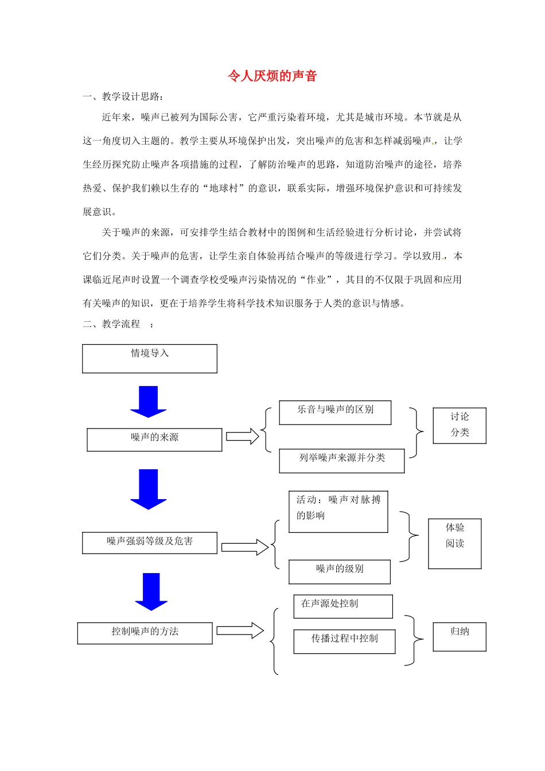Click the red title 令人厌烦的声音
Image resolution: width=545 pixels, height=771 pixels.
click(272, 76)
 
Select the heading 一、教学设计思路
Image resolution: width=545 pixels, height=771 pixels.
click(123, 96)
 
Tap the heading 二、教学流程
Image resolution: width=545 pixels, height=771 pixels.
click(118, 324)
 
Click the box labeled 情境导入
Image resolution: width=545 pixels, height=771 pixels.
click(150, 359)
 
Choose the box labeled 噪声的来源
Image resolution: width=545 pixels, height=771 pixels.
click(154, 439)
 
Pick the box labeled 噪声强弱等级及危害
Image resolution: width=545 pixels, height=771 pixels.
click(150, 543)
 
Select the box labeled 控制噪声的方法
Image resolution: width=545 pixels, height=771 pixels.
click(145, 633)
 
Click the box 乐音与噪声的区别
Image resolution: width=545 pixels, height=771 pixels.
click(335, 412)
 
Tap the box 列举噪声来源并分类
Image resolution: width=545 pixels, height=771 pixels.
click(342, 461)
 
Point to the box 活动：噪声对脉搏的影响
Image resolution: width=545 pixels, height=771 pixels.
click(338, 512)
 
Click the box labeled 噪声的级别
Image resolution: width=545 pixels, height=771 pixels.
click(340, 571)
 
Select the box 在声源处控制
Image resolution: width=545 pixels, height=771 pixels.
click(343, 606)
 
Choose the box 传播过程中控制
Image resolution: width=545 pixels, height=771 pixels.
click(345, 641)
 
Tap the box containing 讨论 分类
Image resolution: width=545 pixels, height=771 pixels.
click(460, 426)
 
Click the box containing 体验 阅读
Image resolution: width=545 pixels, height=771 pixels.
click(455, 543)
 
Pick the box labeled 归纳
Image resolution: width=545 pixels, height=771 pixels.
click(460, 637)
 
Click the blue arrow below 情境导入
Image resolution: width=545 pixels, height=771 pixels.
click(149, 402)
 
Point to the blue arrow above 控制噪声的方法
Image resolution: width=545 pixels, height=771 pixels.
click(151, 591)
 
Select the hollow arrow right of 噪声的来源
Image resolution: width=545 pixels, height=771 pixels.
click(243, 437)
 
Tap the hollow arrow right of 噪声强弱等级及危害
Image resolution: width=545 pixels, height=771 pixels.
click(245, 547)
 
